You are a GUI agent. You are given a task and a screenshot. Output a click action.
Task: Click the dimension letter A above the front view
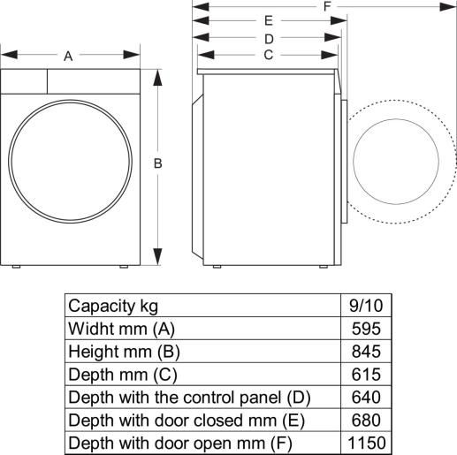(x=67, y=56)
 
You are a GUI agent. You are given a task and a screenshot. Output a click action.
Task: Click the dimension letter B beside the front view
(x=157, y=163)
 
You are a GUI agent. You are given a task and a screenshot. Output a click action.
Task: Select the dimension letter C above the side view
(x=267, y=55)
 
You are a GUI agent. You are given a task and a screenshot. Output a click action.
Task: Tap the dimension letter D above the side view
(x=268, y=38)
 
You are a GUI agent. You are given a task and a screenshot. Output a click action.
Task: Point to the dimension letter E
(x=268, y=21)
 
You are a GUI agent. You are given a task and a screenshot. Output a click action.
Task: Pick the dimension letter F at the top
(x=328, y=7)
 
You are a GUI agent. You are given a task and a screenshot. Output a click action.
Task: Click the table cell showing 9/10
(x=366, y=306)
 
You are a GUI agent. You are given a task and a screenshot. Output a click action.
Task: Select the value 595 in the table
(x=366, y=329)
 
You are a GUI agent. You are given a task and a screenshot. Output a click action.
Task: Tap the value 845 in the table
(x=366, y=351)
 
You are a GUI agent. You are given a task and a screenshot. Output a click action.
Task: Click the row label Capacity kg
(x=113, y=306)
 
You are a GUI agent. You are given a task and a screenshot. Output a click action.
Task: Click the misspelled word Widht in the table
(x=89, y=329)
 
